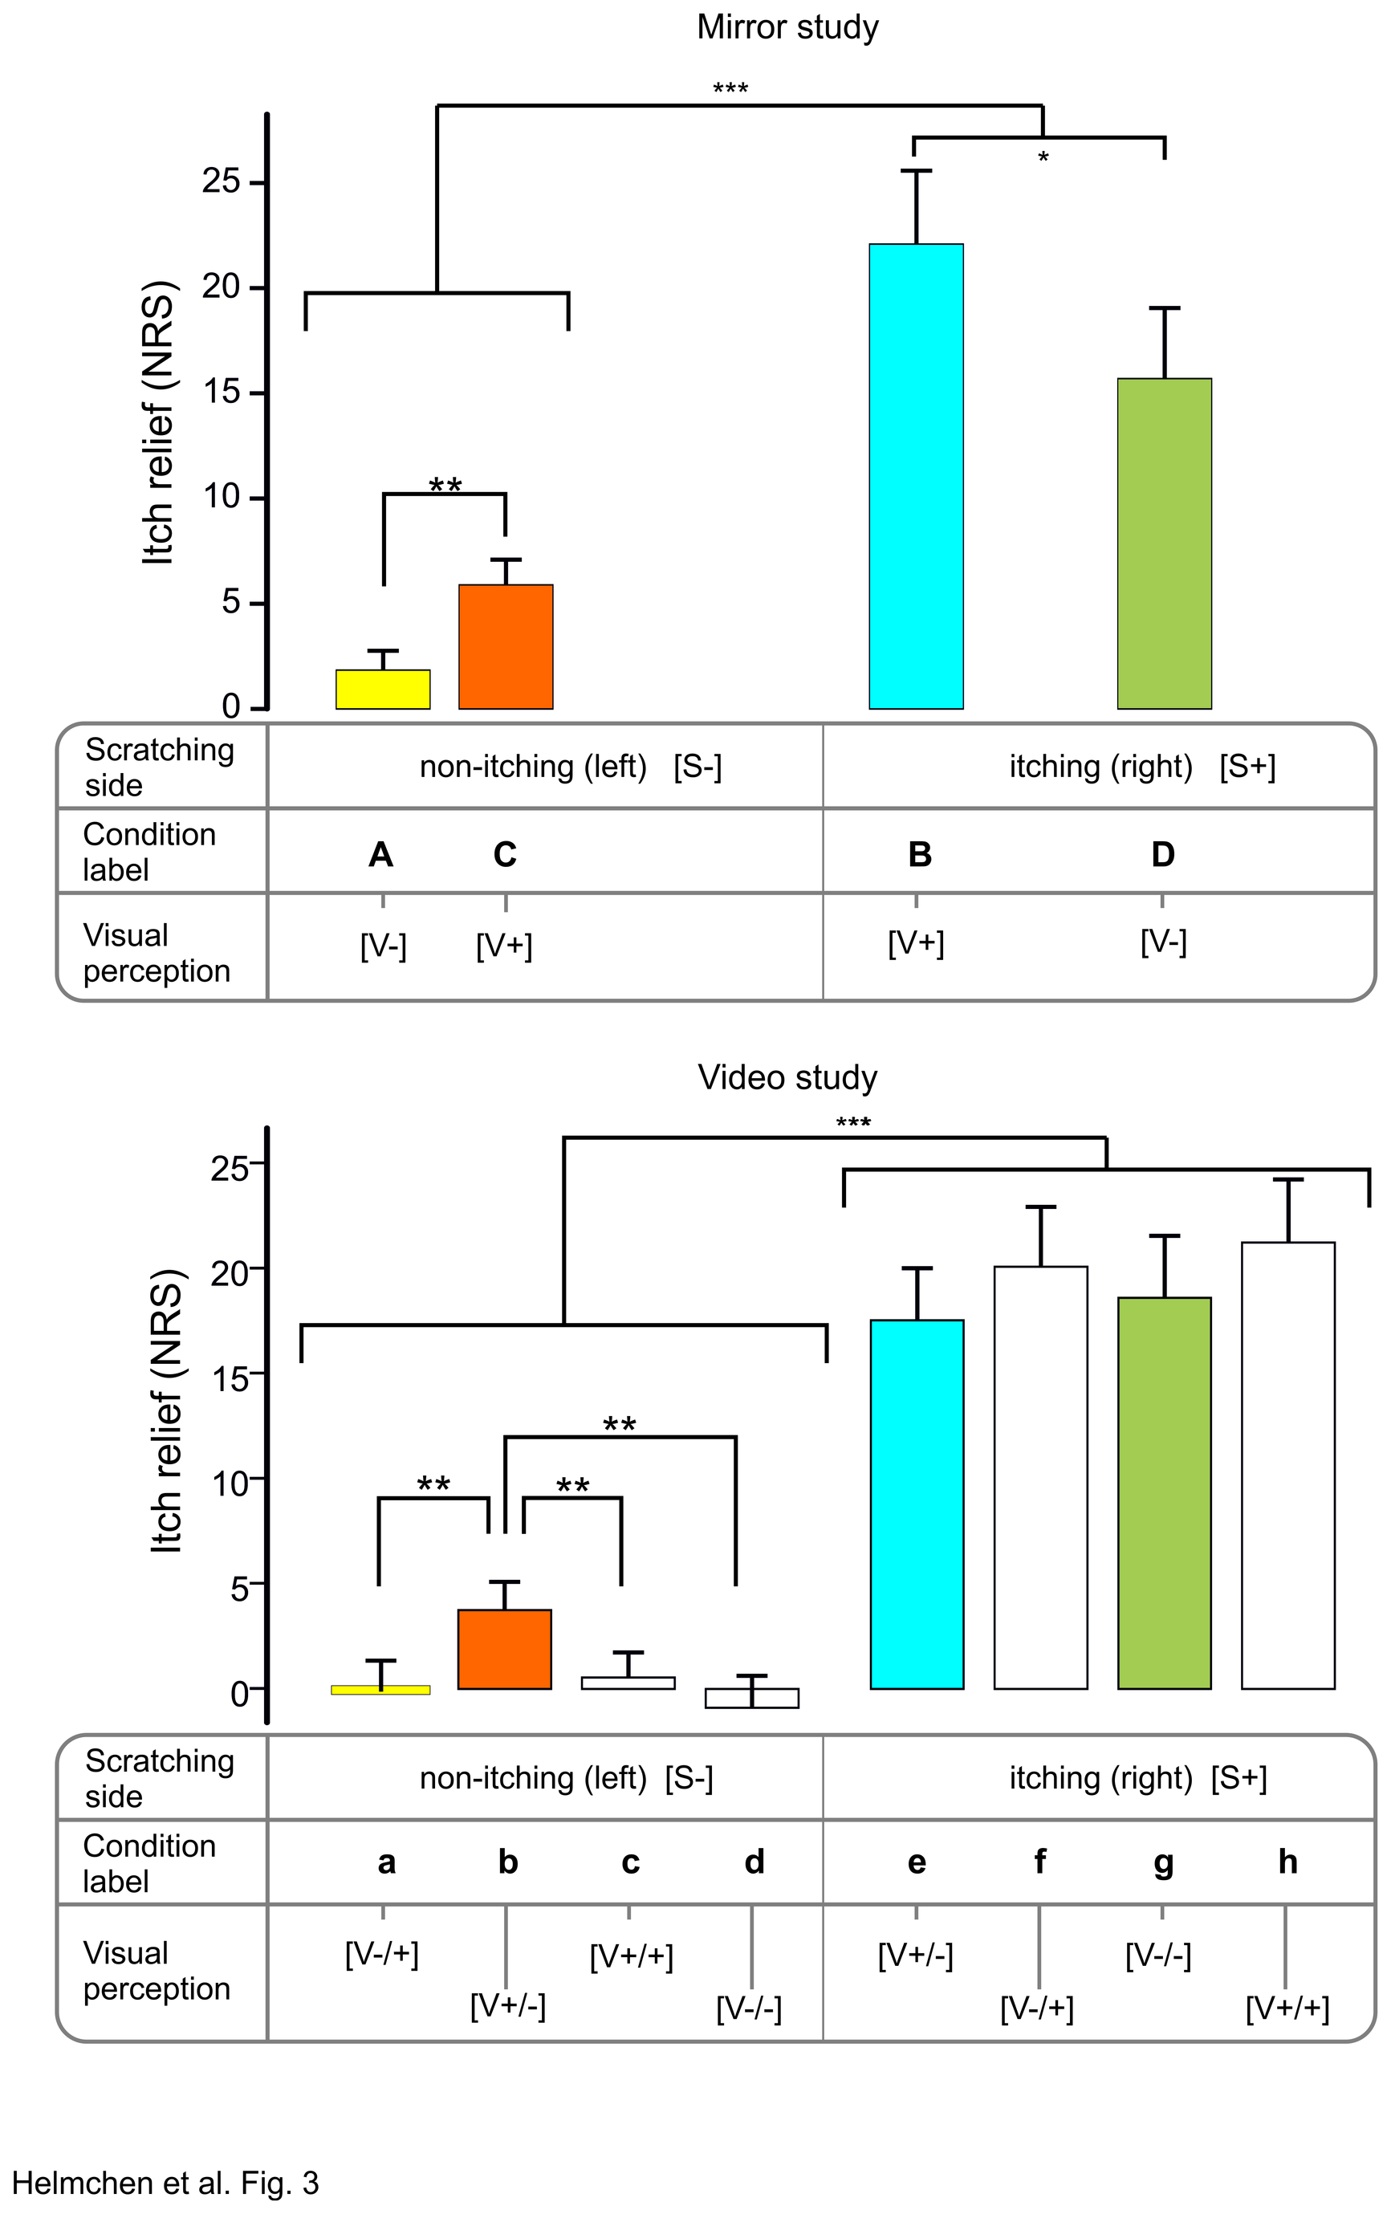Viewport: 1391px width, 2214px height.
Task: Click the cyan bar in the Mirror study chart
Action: (x=916, y=476)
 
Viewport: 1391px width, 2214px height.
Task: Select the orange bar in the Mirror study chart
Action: (x=506, y=646)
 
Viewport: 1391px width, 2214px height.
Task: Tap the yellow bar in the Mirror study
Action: (x=382, y=690)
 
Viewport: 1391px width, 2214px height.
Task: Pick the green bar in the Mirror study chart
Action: (x=1164, y=543)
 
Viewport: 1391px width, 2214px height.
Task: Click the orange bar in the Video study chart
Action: (x=505, y=1650)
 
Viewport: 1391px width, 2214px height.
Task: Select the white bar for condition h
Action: (x=1288, y=1466)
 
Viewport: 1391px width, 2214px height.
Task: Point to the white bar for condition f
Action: (x=1041, y=1478)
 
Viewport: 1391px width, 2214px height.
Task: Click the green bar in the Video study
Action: (x=1164, y=1493)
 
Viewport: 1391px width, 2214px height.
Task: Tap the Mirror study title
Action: (x=787, y=27)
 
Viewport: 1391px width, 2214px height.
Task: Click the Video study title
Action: (x=787, y=1077)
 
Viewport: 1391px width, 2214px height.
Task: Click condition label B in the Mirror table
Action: (x=919, y=855)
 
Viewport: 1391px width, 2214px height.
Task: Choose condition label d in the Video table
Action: (x=754, y=1862)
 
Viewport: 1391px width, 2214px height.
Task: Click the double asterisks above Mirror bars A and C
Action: (x=445, y=485)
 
